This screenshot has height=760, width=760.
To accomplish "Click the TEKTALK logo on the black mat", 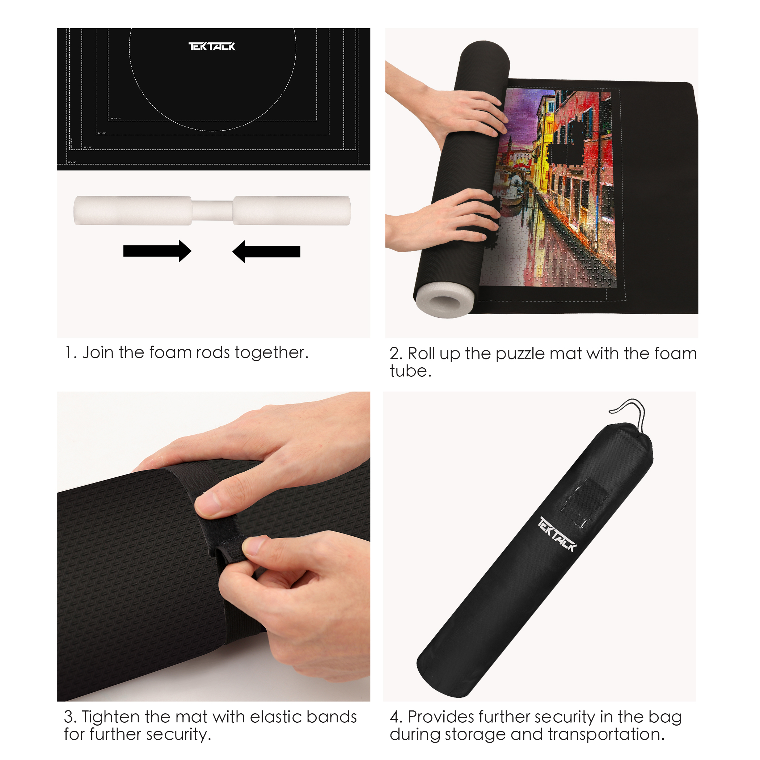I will click(x=212, y=47).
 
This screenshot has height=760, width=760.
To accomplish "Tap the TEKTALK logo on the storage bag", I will click(x=557, y=534).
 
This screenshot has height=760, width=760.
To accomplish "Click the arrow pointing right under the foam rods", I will click(x=157, y=251).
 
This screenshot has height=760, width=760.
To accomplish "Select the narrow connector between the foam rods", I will click(x=212, y=211).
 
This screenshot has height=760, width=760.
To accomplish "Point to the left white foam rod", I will click(x=132, y=211).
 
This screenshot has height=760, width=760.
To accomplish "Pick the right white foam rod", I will click(x=291, y=211).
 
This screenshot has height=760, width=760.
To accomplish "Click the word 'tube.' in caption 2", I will click(x=410, y=371).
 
